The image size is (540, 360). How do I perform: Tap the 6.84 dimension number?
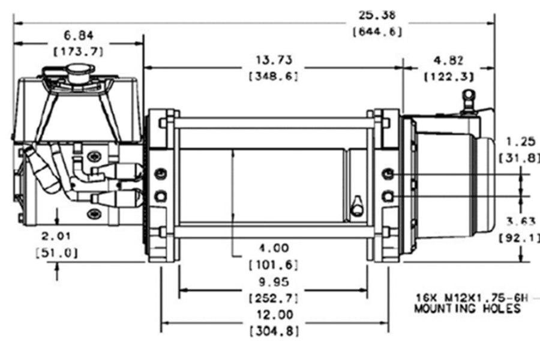pos(77,35)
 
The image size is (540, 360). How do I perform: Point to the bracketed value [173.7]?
pos(78,52)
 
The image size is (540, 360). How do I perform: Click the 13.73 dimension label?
pos(273,60)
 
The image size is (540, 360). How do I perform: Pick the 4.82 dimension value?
pos(449,60)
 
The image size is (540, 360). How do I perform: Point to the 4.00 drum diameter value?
pos(273,247)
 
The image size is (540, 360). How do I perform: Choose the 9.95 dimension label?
pos(273,281)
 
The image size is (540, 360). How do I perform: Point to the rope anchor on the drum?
pos(356,205)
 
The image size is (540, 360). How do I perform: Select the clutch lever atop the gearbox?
pos(469,100)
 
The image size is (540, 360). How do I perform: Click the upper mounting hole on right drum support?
pos(388,174)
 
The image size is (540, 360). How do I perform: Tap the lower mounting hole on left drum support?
pos(160,196)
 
